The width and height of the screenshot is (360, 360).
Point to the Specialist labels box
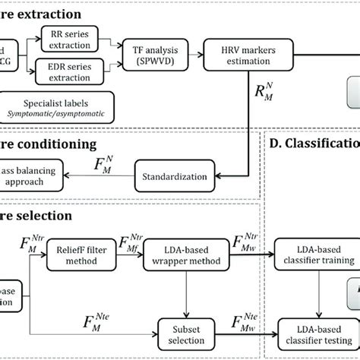pyautogui.click(x=58, y=107)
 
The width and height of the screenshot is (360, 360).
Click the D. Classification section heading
pyautogui.click(x=311, y=144)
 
